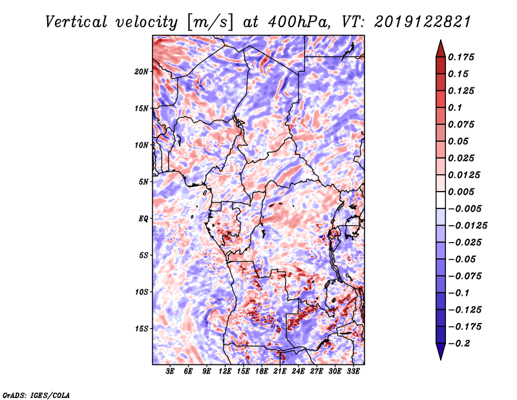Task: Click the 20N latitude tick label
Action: [142, 71]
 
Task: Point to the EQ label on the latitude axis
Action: [143, 219]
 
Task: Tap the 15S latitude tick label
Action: [142, 329]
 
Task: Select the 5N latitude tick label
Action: [143, 182]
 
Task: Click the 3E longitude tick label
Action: [171, 372]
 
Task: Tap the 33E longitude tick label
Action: [353, 372]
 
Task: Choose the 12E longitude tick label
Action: [226, 372]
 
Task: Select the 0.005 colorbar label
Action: [463, 192]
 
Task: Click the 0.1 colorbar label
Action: [455, 107]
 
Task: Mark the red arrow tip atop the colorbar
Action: [440, 44]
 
